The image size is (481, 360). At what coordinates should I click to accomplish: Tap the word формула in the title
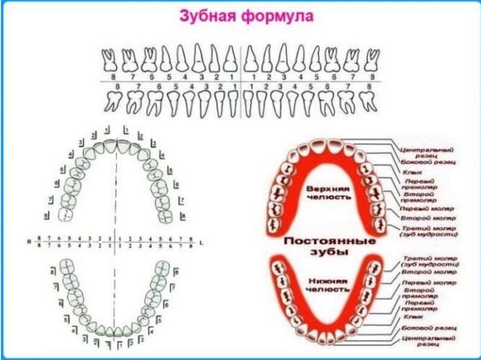click(278, 17)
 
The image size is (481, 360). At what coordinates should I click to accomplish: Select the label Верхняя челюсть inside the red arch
click(329, 192)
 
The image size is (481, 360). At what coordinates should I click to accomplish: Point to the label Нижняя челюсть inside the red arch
click(329, 285)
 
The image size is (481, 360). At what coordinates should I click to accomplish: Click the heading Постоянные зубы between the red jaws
click(329, 246)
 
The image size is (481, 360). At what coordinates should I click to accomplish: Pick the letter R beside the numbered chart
click(29, 241)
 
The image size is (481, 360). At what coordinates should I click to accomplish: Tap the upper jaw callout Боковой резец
click(428, 162)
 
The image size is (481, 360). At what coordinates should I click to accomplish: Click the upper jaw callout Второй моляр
click(427, 218)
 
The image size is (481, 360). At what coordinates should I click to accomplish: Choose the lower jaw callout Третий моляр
click(430, 261)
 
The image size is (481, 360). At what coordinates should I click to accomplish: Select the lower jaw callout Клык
click(411, 317)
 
